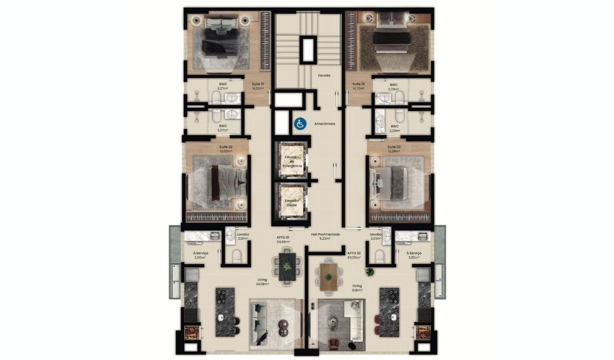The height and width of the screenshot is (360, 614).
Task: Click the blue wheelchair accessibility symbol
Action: tap(300, 124)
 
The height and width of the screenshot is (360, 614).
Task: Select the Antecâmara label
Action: tap(325, 124)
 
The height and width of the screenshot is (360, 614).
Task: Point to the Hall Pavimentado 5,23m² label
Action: tap(326, 236)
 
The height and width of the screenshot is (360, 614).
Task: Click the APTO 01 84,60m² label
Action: tap(283, 240)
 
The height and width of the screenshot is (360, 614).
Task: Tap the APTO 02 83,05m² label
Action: tap(354, 255)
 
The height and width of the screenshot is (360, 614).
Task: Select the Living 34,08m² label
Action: tap(262, 281)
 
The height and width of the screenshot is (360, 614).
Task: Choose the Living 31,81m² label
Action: tap(357, 288)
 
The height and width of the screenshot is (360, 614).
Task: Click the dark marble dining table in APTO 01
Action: tap(286, 270)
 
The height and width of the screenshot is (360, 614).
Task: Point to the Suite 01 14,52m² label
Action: tap(258, 86)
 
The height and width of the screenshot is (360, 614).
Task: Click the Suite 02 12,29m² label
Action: tap(394, 149)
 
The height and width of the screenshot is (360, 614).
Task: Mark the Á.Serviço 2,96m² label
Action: tap(200, 255)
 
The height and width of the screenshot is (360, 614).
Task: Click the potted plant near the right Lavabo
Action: tap(370, 272)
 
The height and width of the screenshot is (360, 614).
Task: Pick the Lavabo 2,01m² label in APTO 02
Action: tap(375, 236)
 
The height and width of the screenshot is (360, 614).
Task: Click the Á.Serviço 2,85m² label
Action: tap(413, 255)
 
